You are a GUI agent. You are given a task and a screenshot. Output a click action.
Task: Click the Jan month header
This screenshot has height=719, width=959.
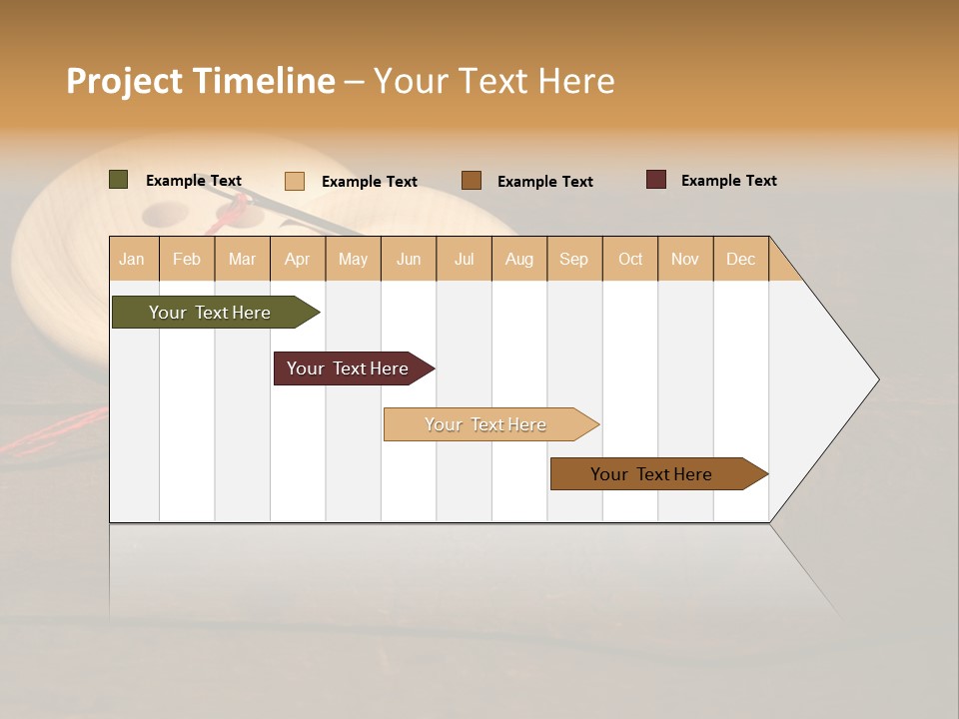coord(133,259)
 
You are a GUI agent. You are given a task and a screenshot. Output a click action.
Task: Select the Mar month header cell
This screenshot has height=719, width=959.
coord(242,259)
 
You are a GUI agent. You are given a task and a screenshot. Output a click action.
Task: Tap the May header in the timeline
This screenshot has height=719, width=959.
coord(353,259)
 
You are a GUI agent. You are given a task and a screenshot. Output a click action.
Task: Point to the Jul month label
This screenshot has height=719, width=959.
coord(464,259)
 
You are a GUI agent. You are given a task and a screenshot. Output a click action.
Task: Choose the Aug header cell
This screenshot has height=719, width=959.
coord(518,259)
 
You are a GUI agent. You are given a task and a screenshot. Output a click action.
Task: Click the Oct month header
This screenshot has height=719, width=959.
coord(630,259)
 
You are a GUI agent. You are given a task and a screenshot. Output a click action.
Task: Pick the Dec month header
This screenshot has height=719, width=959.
coord(740,259)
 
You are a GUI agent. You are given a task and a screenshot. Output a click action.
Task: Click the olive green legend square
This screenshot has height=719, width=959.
coord(118,180)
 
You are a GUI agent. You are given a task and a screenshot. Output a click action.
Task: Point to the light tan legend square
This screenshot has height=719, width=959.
coord(295,181)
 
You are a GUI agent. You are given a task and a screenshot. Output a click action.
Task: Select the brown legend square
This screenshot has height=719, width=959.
coord(472,181)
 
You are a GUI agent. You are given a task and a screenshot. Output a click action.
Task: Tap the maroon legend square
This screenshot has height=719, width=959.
coord(656,180)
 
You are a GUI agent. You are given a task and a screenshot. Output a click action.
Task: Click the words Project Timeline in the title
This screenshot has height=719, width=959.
coord(201,81)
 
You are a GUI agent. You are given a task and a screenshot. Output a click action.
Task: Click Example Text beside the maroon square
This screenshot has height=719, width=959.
coord(728,181)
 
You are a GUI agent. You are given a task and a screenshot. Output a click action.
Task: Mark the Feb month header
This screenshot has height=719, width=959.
coord(187,259)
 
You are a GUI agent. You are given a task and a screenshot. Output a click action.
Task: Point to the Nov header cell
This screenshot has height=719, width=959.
coord(685,259)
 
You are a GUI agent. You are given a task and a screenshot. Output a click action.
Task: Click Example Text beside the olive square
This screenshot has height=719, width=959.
coord(194,181)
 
